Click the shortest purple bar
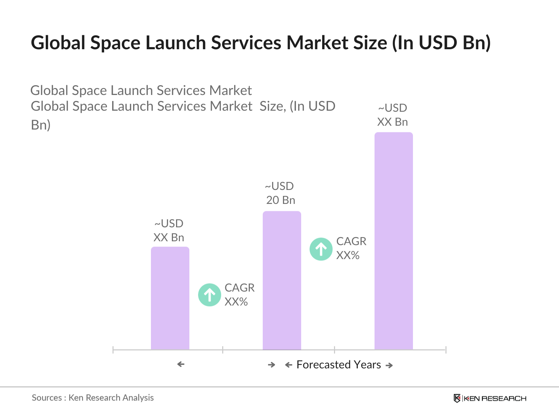(170, 299)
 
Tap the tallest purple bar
(394, 241)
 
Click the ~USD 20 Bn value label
(280, 193)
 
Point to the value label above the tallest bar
(393, 115)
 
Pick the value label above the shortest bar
(169, 230)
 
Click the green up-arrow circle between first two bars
(210, 295)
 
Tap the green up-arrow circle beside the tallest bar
(321, 249)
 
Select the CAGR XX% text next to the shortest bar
(239, 295)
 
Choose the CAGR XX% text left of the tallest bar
(351, 248)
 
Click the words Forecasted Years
(339, 365)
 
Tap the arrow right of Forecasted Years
(389, 366)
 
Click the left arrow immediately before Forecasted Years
(289, 365)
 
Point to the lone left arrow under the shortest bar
(181, 364)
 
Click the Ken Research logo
(490, 398)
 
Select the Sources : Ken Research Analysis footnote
(93, 398)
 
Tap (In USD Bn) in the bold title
(441, 43)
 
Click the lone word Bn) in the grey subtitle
(41, 125)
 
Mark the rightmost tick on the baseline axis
(446, 350)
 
